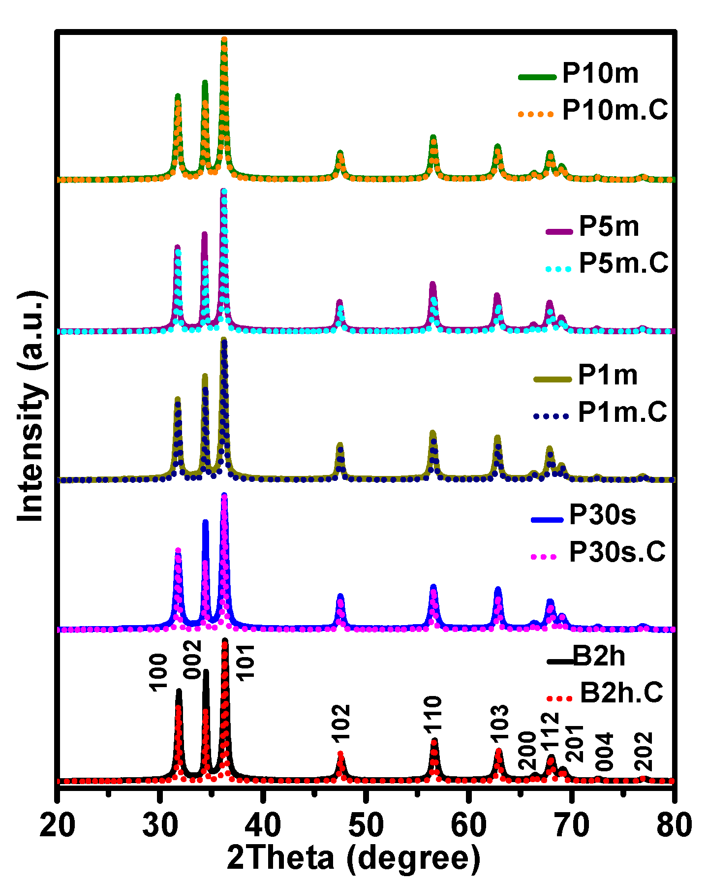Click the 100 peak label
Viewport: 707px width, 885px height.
[x=159, y=672]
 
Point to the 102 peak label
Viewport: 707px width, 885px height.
[x=340, y=723]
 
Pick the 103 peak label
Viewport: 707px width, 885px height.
[x=499, y=724]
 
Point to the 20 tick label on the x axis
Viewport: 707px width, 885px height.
[x=58, y=825]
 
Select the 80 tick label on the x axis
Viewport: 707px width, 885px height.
[x=674, y=825]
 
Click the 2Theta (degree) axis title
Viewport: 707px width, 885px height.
[x=353, y=858]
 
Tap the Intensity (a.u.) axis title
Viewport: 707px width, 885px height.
[x=32, y=406]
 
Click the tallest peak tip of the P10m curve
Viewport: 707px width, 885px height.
[x=224, y=39]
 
